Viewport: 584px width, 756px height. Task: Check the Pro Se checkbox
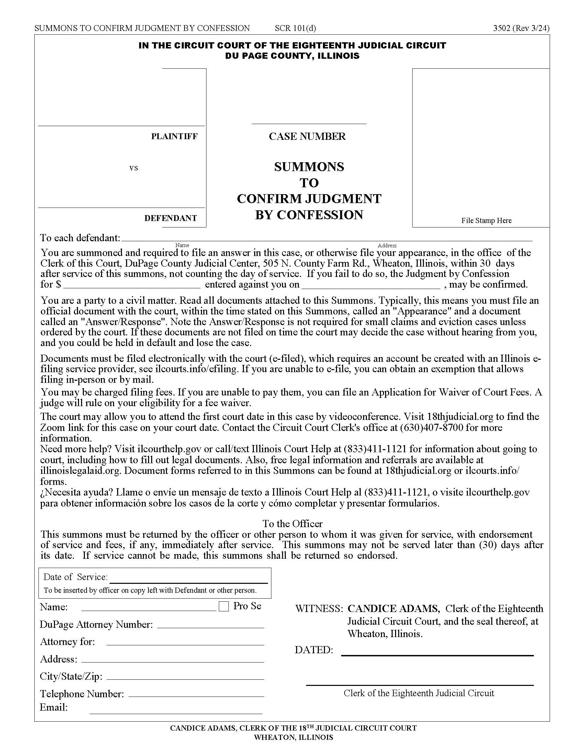coord(224,607)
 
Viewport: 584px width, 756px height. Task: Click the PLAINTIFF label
coord(174,136)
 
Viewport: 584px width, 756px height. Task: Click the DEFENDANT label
coord(171,218)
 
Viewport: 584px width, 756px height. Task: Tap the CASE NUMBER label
coord(307,136)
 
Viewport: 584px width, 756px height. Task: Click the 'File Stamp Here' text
coord(486,221)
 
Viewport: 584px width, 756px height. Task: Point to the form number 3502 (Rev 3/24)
coord(521,28)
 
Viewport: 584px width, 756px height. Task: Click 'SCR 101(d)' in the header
coord(295,28)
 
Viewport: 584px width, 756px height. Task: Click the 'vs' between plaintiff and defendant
coord(134,168)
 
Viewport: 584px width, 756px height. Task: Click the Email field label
coord(54,707)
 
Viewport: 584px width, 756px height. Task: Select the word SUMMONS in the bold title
coord(309,167)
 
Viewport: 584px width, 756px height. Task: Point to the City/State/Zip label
coord(71,676)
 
